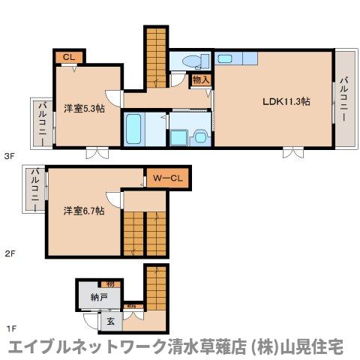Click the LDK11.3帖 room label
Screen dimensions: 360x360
click(x=285, y=103)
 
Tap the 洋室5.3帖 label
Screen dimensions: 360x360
click(x=83, y=108)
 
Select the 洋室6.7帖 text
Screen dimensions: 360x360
click(x=83, y=211)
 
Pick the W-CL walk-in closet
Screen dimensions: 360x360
click(x=169, y=178)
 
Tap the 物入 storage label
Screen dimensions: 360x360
click(x=200, y=79)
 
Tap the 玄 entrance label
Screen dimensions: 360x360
click(x=109, y=322)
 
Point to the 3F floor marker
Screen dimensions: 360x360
click(x=10, y=156)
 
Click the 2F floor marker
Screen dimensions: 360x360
click(x=10, y=254)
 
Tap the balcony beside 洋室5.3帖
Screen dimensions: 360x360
click(x=40, y=121)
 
